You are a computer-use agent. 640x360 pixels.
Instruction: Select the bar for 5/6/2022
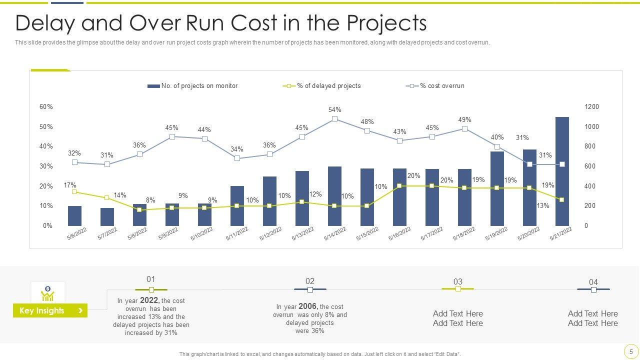74,216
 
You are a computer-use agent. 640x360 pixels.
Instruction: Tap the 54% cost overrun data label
334,110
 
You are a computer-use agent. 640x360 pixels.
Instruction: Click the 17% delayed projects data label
70,185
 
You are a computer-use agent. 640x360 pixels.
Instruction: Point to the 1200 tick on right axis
591,107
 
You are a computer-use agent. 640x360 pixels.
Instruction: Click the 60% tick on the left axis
46,107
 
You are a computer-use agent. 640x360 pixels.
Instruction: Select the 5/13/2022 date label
303,234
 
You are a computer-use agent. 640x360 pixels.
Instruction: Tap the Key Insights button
50,310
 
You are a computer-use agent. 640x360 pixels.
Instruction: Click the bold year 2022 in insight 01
149,300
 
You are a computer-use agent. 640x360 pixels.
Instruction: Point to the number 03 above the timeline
457,281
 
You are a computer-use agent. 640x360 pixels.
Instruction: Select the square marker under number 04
593,289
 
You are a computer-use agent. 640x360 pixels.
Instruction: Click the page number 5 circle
631,351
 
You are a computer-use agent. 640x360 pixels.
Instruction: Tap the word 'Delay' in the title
46,23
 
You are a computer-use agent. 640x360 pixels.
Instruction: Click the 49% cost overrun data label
464,120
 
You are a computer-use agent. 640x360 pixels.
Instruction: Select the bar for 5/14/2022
334,196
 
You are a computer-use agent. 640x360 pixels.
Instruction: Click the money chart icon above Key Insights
47,293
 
